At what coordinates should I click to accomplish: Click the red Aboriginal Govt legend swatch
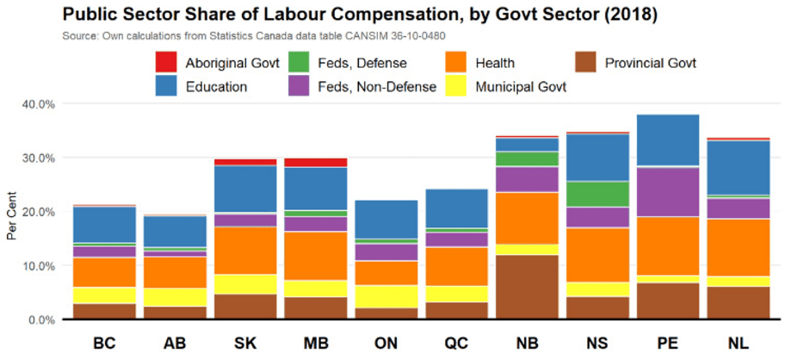click(x=166, y=63)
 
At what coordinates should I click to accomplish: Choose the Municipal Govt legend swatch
click(x=456, y=86)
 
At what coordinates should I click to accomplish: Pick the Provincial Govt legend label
click(x=650, y=63)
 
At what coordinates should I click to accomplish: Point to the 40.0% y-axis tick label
click(x=37, y=103)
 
